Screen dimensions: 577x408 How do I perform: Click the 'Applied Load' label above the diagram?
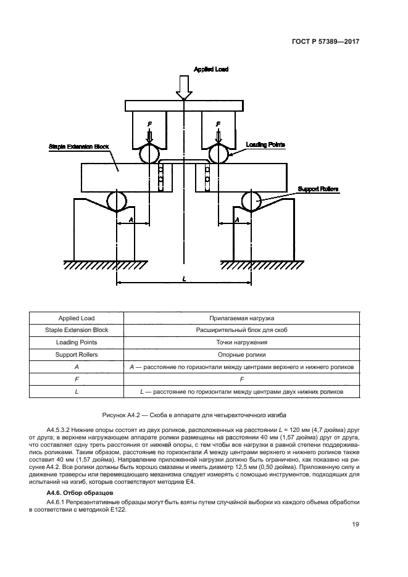pos(211,69)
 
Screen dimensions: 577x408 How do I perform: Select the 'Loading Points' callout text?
pos(265,144)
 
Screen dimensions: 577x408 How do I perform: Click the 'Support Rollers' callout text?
pos(318,188)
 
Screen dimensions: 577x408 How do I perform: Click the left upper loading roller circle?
pos(148,153)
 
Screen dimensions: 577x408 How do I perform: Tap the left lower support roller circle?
pos(116,201)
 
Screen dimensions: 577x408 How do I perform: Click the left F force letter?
pos(148,124)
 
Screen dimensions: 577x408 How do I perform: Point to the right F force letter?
pos(217,124)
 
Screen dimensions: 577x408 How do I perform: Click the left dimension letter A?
pos(131,219)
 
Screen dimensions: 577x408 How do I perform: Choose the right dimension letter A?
pos(236,219)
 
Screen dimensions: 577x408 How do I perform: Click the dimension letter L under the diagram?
pos(184,279)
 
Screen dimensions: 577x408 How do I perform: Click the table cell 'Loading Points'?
pos(75,342)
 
